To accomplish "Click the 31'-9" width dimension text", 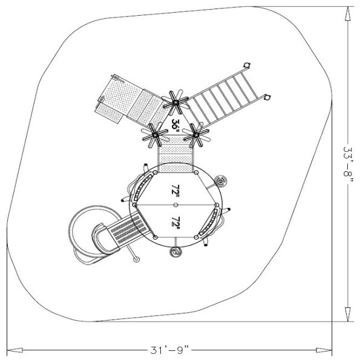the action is (x=169, y=350).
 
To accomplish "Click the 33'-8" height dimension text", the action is (x=348, y=162).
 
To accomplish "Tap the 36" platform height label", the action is (x=175, y=125).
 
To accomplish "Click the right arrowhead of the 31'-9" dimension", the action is (x=324, y=350).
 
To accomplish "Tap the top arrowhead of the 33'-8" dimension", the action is (x=348, y=14).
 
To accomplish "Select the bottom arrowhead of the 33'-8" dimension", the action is (x=348, y=314).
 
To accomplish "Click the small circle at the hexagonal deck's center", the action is (x=175, y=205).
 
